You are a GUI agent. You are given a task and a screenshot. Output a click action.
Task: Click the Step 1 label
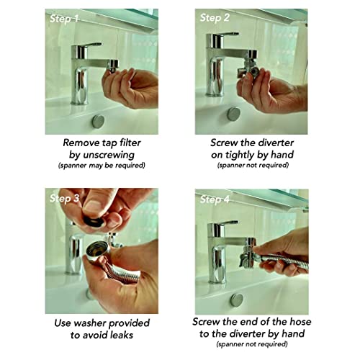[x=64, y=19]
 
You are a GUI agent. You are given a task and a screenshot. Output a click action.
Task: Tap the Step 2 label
[x=215, y=18]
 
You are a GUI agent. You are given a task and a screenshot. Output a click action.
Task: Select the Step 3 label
[x=64, y=198]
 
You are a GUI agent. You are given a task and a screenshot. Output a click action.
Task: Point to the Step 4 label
[x=215, y=199]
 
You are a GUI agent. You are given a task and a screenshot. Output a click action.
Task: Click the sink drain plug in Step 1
[x=98, y=122]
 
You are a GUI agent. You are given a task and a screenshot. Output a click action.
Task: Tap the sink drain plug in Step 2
[x=233, y=114]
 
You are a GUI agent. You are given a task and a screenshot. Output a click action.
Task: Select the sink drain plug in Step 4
[x=237, y=300]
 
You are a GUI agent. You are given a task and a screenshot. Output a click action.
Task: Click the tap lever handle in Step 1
[x=93, y=45]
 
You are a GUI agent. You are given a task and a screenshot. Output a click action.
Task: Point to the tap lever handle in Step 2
[x=229, y=34]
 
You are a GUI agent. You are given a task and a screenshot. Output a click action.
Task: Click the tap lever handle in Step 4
[x=228, y=222]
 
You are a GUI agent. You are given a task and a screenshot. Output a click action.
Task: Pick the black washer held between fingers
[x=94, y=222]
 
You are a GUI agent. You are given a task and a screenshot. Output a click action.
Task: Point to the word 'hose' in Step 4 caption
[x=300, y=322]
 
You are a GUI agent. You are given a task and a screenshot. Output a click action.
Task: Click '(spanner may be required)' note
[x=102, y=166]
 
